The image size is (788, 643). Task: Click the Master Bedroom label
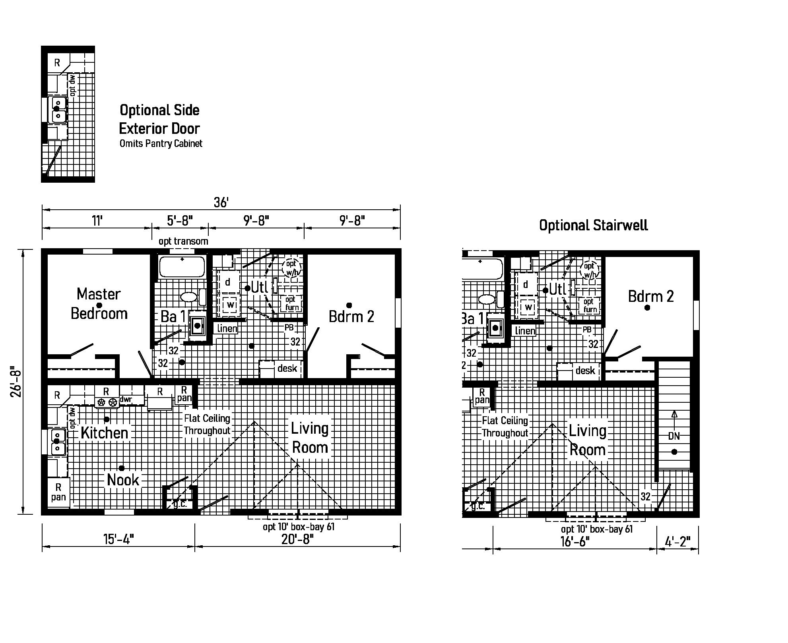point(99,304)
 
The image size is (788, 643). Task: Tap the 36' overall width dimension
point(221,203)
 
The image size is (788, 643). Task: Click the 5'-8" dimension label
point(180,220)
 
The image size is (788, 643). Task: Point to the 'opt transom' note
point(183,241)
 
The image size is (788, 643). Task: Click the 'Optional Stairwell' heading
point(593,225)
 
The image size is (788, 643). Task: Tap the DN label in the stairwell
point(673,436)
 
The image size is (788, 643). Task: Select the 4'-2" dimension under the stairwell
point(677,541)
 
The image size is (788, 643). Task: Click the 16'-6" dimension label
point(575,541)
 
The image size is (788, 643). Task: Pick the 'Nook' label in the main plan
point(123,480)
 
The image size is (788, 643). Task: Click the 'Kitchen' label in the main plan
point(105,433)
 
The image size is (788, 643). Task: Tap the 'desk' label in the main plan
point(287,368)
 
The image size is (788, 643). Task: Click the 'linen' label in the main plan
point(227,328)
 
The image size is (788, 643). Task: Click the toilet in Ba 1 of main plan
point(189,297)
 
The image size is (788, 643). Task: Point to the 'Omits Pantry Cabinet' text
point(161,143)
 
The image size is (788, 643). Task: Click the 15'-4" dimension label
point(118,539)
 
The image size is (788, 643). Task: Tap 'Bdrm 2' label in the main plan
point(351,317)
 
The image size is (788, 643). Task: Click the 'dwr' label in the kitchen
point(126,399)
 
